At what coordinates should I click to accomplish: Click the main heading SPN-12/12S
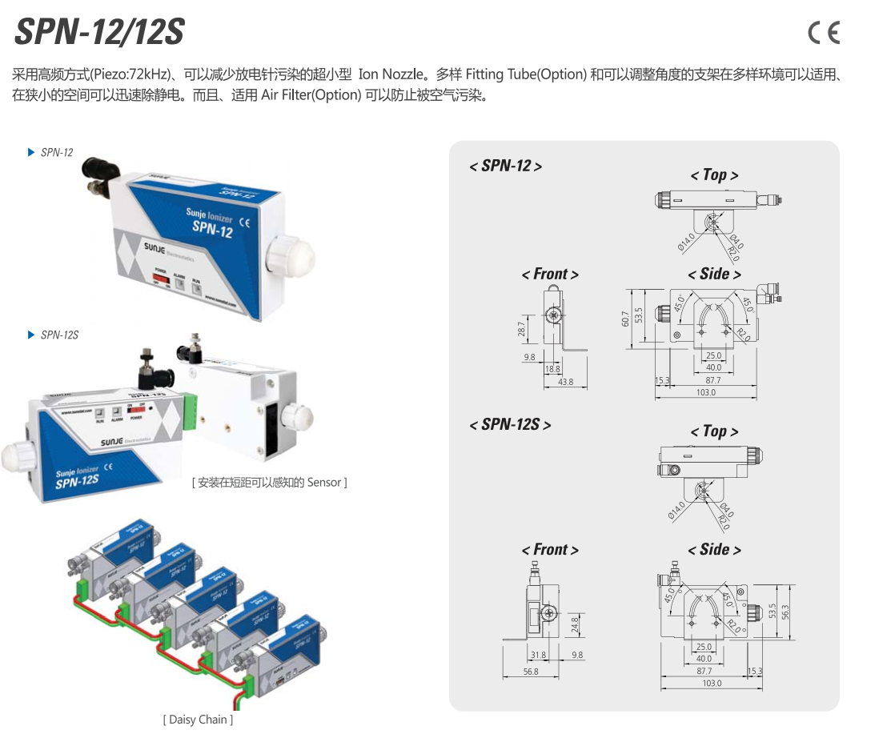pyautogui.click(x=100, y=32)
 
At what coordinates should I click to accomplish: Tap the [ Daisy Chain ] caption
pyautogui.click(x=198, y=720)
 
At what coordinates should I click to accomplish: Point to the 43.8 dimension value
pyautogui.click(x=565, y=383)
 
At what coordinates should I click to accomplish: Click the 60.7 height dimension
pyautogui.click(x=625, y=319)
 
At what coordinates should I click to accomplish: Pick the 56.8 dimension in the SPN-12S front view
pyautogui.click(x=531, y=672)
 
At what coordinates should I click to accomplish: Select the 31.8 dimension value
pyautogui.click(x=538, y=655)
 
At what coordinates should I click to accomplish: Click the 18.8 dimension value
pyautogui.click(x=552, y=369)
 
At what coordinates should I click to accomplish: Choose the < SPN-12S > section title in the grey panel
pyautogui.click(x=510, y=424)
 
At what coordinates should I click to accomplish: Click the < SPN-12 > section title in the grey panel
pyautogui.click(x=505, y=166)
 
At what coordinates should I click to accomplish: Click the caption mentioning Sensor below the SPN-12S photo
pyautogui.click(x=269, y=482)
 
